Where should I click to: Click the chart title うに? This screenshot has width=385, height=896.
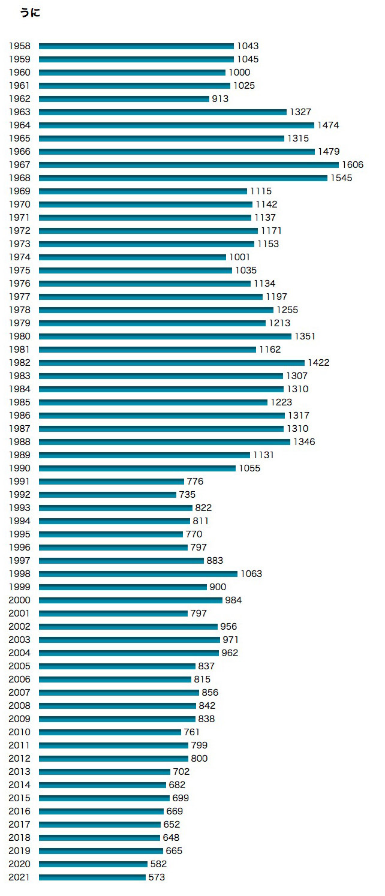click(x=30, y=13)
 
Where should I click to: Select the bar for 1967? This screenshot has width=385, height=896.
click(x=188, y=165)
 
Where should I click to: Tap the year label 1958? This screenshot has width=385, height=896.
click(x=20, y=46)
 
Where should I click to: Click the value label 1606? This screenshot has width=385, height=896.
click(x=353, y=165)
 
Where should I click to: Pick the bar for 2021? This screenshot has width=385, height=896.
click(x=92, y=877)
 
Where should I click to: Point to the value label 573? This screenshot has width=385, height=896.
click(x=157, y=877)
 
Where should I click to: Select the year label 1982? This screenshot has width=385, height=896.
click(x=20, y=363)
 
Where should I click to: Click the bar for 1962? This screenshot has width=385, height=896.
click(x=124, y=99)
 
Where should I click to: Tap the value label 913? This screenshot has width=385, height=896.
click(x=220, y=99)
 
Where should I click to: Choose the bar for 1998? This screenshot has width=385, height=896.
click(x=138, y=574)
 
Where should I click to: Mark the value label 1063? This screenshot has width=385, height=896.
click(x=251, y=574)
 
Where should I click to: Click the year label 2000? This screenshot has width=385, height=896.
click(x=20, y=600)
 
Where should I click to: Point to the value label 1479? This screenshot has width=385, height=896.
click(x=329, y=152)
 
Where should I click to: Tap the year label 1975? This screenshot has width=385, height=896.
click(x=20, y=270)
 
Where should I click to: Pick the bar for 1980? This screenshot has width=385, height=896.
click(x=165, y=336)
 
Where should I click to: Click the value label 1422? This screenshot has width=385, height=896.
click(x=318, y=363)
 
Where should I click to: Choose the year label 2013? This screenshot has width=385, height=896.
click(x=20, y=772)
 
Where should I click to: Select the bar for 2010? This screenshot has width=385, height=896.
click(x=110, y=732)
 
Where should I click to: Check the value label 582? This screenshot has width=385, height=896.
click(x=158, y=864)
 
